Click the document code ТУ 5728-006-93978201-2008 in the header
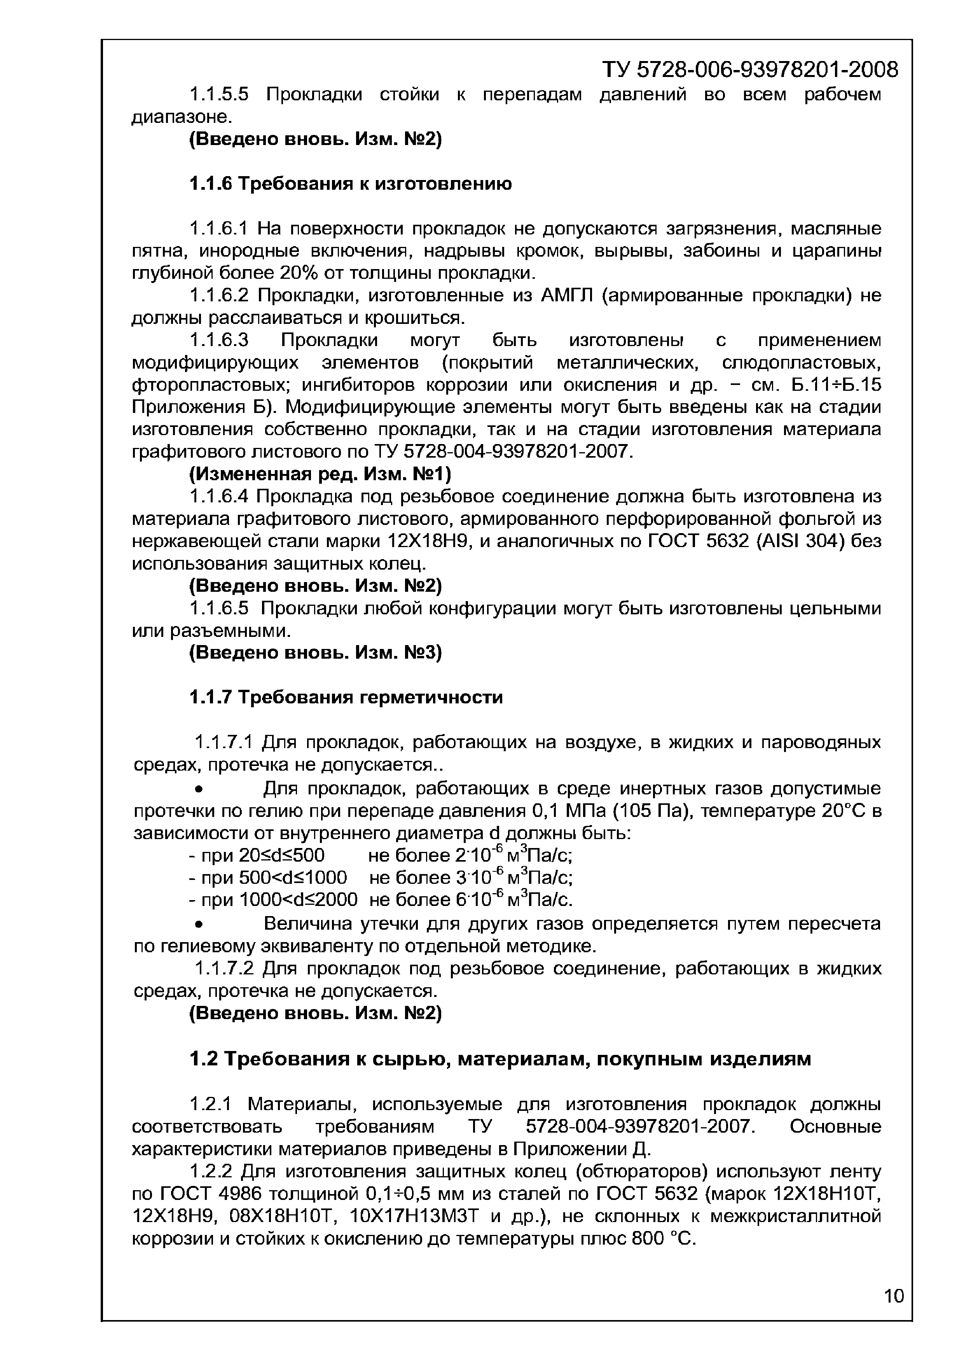coord(749,70)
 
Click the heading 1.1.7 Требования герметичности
coord(346,697)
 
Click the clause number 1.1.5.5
coord(218,94)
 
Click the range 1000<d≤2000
coord(298,900)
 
